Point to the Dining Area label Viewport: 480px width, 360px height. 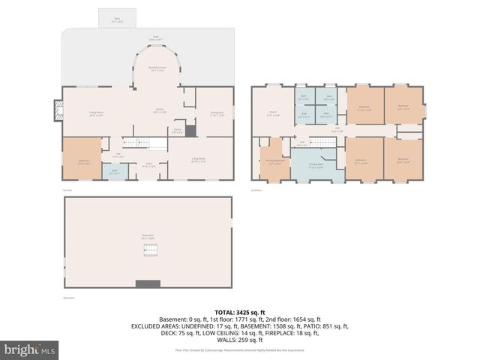(x=217, y=113)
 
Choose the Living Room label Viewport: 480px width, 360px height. (x=199, y=160)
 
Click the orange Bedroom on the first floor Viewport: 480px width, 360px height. (x=81, y=158)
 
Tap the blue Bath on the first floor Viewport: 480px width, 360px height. (x=115, y=172)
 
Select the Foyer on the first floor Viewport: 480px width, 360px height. (x=150, y=164)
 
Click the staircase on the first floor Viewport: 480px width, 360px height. (x=136, y=143)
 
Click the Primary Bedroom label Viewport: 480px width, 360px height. (x=274, y=161)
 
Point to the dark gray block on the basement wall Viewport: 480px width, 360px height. (x=148, y=283)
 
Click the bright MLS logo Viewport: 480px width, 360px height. (x=30, y=349)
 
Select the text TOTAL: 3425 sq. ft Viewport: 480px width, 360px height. (x=240, y=312)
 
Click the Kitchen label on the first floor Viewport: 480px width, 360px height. (x=159, y=110)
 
